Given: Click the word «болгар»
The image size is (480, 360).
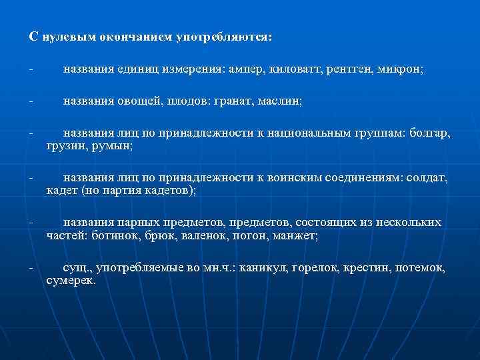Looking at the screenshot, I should (431, 133).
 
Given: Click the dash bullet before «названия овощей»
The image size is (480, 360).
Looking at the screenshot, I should (31, 101).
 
